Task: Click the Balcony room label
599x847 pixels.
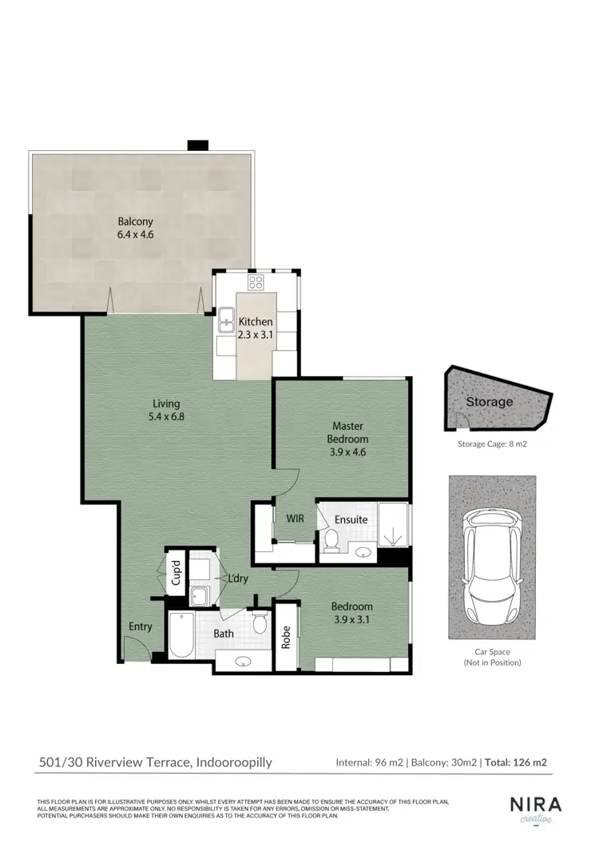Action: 135,229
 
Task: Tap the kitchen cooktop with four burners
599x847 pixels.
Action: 256,282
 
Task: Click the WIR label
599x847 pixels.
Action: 296,519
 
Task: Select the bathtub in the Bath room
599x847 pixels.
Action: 181,635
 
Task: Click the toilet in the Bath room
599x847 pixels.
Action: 259,623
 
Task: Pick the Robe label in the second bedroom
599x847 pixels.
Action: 286,637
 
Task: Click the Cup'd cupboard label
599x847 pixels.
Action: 176,574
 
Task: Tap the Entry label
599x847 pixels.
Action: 141,626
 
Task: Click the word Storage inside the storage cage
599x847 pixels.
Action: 490,402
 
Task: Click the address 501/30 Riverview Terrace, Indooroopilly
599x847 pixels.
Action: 156,762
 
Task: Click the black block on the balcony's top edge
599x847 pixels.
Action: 197,145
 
